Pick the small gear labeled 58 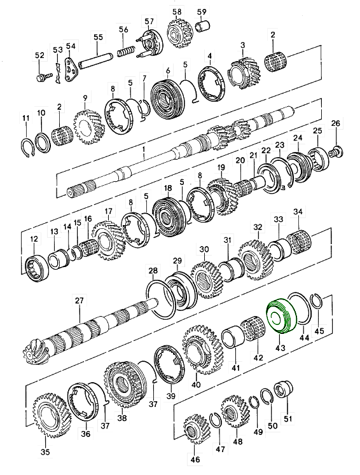[x=176, y=32]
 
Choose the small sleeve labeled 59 [x=204, y=28]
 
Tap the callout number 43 [x=279, y=349]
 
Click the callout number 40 [x=195, y=383]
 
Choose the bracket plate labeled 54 [x=71, y=68]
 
